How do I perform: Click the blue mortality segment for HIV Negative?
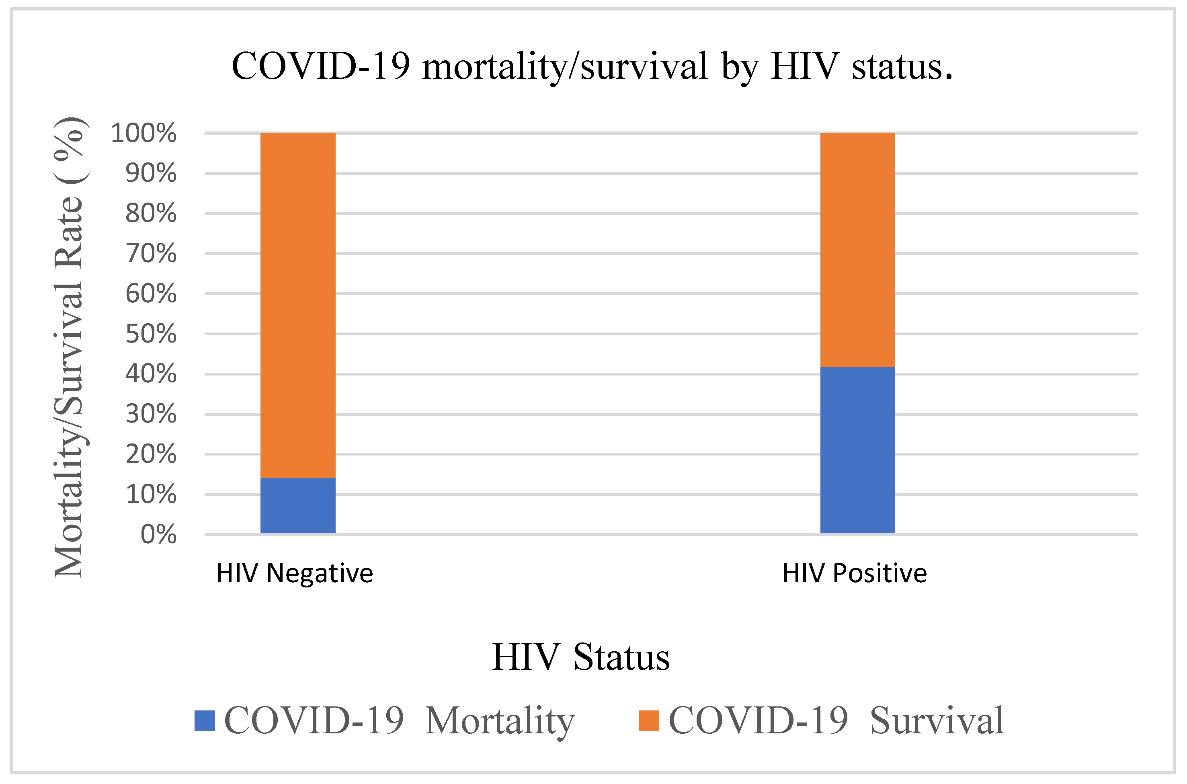(298, 505)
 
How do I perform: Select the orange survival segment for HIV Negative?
(298, 305)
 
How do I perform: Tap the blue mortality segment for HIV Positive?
(858, 450)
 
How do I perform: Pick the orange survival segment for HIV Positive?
(858, 250)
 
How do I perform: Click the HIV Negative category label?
(294, 573)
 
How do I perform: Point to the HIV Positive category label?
(855, 573)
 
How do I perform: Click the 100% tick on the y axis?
(144, 133)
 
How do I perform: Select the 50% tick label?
(151, 334)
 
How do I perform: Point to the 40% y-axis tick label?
(151, 374)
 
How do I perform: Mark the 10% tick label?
(151, 495)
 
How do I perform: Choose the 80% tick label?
(151, 213)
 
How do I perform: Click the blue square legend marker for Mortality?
(205, 720)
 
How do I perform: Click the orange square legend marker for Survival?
(649, 720)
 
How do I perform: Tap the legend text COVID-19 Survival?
(836, 720)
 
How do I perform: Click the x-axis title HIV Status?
(581, 657)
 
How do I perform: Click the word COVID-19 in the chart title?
(320, 66)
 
